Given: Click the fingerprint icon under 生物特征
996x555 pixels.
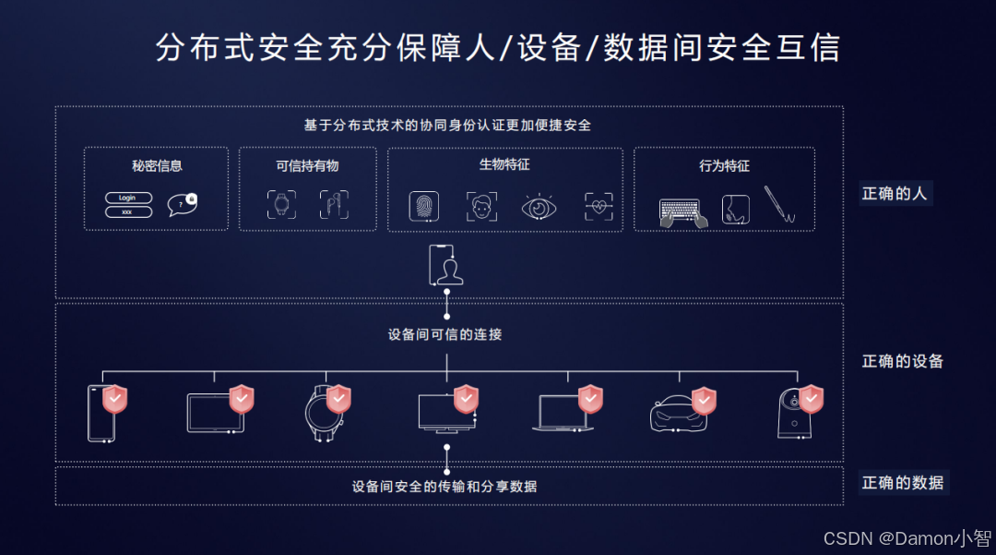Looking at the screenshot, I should [424, 206].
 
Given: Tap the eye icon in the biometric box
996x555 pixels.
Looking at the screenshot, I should [538, 206].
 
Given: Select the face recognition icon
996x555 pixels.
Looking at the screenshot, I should [481, 206].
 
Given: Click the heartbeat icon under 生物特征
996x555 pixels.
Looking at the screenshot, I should [599, 206].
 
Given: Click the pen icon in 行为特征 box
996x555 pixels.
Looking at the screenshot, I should [779, 205].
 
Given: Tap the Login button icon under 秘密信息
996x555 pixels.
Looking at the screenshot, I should [128, 198].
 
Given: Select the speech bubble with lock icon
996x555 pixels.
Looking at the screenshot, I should [182, 204].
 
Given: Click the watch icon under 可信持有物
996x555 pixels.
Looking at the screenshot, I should [282, 205].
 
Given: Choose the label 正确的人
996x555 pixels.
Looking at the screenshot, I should [895, 194].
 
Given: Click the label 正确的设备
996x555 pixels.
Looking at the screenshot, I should [902, 361].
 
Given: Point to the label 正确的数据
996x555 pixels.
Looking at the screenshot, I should [902, 482].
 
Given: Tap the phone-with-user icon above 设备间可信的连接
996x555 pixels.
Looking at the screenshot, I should [446, 265].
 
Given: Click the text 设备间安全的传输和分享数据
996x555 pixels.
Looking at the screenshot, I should [445, 486].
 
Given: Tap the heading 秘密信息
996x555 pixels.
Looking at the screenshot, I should [157, 166].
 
